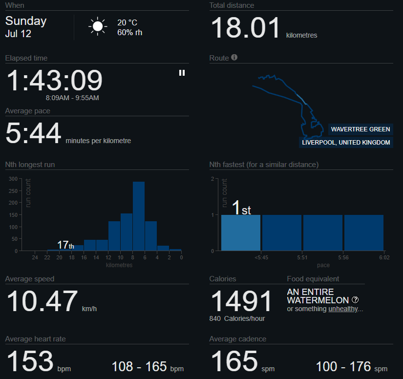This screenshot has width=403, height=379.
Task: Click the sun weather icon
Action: coord(98,26)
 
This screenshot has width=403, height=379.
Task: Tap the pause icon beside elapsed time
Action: coord(182,73)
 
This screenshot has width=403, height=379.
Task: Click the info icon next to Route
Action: coord(234,57)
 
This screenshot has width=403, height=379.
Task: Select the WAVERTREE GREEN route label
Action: coord(361,129)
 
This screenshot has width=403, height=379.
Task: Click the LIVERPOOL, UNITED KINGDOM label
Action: coord(346,142)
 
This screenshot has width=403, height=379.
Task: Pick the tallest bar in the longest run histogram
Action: coord(139,216)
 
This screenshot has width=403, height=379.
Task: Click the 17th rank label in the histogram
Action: coord(65,245)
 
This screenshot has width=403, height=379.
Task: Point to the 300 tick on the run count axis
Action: coord(13,179)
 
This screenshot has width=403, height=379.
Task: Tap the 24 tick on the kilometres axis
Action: coord(35,257)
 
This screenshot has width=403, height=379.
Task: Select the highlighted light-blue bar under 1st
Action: coord(241,233)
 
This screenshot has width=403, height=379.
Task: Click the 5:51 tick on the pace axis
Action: coord(302,257)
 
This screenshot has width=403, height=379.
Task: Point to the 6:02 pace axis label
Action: coord(384,257)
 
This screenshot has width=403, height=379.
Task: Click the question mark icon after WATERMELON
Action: coord(355,299)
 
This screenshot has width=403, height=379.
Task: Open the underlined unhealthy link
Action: coord(343,309)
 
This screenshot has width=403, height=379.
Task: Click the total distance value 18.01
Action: coord(245,27)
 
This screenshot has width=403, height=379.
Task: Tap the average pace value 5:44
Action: coord(33,133)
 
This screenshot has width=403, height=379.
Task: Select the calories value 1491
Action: coord(241,301)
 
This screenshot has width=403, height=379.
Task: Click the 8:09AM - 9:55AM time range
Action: coord(72,98)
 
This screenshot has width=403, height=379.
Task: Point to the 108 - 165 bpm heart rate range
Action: coord(148,367)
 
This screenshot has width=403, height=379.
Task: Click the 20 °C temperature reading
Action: coord(127,22)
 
